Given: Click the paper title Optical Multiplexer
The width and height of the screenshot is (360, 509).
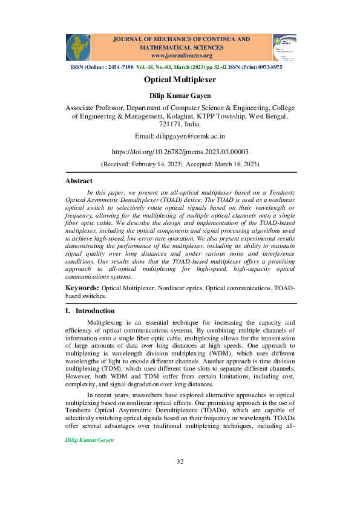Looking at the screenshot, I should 180,79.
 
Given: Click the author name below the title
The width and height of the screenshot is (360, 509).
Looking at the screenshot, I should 180,96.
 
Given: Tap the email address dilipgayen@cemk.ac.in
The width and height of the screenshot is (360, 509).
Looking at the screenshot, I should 180,137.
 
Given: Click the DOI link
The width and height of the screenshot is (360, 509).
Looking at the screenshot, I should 180,152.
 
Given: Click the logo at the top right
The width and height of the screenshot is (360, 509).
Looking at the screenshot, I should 284,47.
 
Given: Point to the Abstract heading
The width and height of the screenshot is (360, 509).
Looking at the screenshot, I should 79,181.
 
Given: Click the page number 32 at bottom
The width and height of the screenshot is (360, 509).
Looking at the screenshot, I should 180,479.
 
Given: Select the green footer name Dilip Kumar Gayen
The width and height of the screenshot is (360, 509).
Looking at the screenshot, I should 89,441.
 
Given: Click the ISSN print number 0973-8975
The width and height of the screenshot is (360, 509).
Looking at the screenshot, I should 268,67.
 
